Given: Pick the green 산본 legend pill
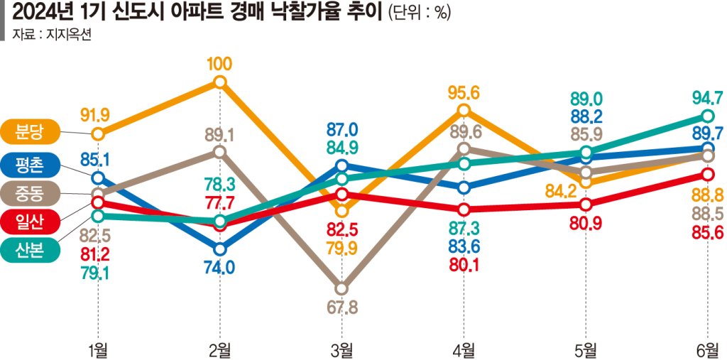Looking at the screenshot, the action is (30, 251).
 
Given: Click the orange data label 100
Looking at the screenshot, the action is (220, 64).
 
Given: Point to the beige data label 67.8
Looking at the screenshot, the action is (342, 307).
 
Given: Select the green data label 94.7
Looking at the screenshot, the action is (707, 99).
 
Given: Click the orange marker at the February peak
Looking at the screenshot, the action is (220, 82).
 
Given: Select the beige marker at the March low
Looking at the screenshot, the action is (341, 288).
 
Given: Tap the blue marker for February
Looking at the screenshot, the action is (220, 249).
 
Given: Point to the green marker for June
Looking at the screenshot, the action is (708, 116).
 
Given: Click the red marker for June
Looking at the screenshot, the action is (708, 175).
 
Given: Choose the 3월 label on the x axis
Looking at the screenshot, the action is (341, 348).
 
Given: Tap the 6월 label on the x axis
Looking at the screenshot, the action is (708, 348).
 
